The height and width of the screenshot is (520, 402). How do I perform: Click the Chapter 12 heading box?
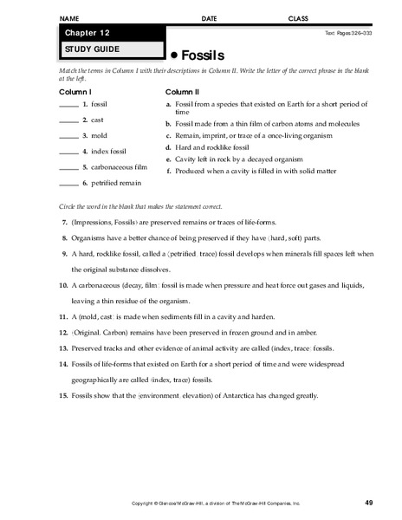coord(108,33)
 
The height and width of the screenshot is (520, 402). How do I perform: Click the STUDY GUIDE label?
coord(86,49)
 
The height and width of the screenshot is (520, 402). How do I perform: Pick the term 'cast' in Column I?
coord(100,121)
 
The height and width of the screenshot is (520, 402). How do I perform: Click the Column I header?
coord(75,90)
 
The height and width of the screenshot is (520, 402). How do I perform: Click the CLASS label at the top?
coord(297,16)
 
